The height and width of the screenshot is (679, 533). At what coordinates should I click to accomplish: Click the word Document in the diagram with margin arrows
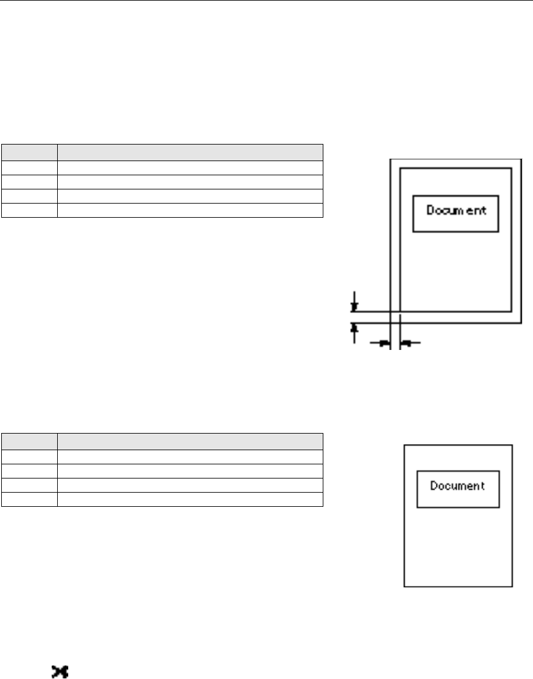click(456, 210)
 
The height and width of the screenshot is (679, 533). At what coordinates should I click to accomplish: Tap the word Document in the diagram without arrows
click(457, 486)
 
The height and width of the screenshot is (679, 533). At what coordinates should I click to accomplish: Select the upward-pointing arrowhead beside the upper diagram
click(354, 327)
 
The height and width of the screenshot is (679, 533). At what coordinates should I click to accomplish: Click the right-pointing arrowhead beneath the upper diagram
click(384, 344)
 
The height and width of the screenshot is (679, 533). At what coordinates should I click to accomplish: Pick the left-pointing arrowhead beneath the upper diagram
click(406, 344)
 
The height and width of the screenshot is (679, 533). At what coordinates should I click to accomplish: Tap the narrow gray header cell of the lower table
click(29, 441)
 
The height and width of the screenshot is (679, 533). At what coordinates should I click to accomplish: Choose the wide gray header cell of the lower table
click(190, 441)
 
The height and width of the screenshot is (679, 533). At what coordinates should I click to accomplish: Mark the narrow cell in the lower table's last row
click(29, 499)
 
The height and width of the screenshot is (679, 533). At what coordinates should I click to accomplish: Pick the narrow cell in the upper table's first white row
click(29, 167)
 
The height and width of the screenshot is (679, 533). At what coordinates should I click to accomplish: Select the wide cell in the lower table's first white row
click(190, 456)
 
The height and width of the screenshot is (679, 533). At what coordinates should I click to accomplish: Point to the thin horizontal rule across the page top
click(266, 1)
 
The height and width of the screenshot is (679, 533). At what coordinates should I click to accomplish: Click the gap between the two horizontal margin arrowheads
click(395, 344)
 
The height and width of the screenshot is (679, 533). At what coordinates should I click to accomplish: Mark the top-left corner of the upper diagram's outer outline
click(391, 159)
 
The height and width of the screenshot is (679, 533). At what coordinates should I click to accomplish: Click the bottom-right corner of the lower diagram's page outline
click(512, 587)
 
